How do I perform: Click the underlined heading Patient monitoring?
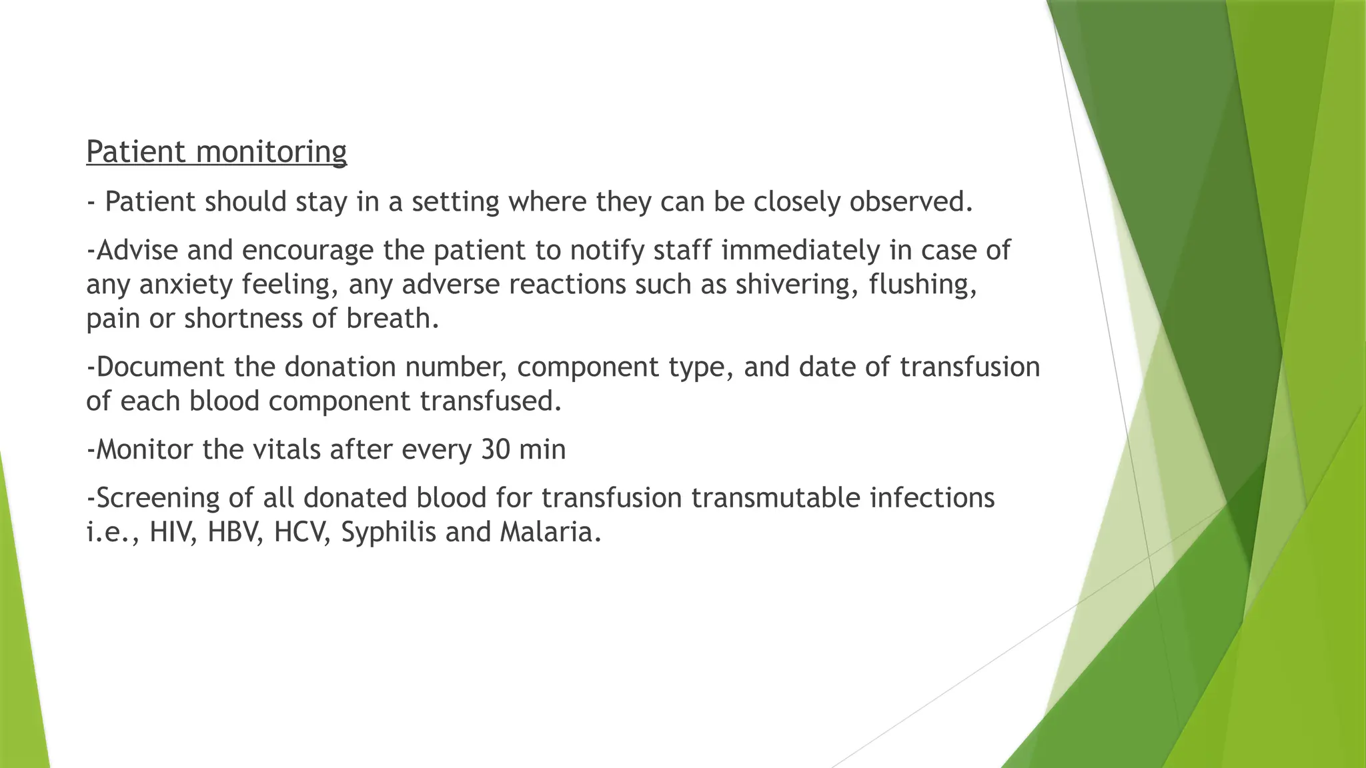216,152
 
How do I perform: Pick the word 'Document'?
160,367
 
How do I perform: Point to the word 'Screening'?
159,499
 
